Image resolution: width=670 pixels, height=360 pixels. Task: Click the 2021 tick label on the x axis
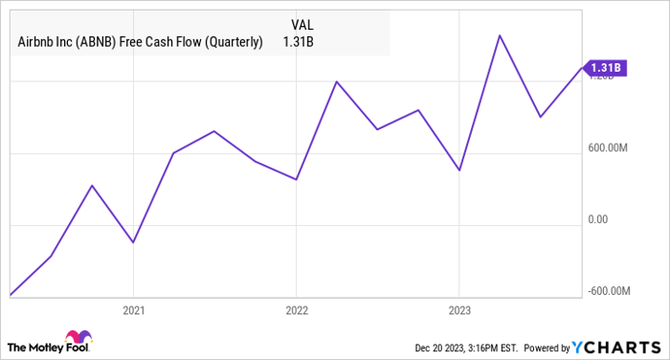(x=133, y=310)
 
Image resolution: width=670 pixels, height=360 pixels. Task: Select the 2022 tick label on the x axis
(x=296, y=310)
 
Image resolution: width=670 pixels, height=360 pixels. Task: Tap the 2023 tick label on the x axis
(x=458, y=310)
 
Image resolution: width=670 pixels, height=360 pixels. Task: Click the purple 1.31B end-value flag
(x=606, y=67)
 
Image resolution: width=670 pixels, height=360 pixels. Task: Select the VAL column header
(x=300, y=22)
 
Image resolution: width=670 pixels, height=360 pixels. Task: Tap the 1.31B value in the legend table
(x=300, y=42)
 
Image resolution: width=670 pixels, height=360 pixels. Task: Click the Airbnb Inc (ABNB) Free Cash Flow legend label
(x=140, y=42)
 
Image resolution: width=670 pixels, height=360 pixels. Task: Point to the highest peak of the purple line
(x=500, y=35)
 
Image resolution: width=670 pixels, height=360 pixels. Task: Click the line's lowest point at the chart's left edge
(x=11, y=295)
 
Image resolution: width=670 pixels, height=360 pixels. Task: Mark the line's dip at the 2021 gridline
(x=133, y=242)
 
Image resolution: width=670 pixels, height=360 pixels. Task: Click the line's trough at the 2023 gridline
(x=459, y=170)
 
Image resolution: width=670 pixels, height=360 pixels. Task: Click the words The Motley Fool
(x=35, y=346)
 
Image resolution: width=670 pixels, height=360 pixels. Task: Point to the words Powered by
(x=547, y=347)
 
